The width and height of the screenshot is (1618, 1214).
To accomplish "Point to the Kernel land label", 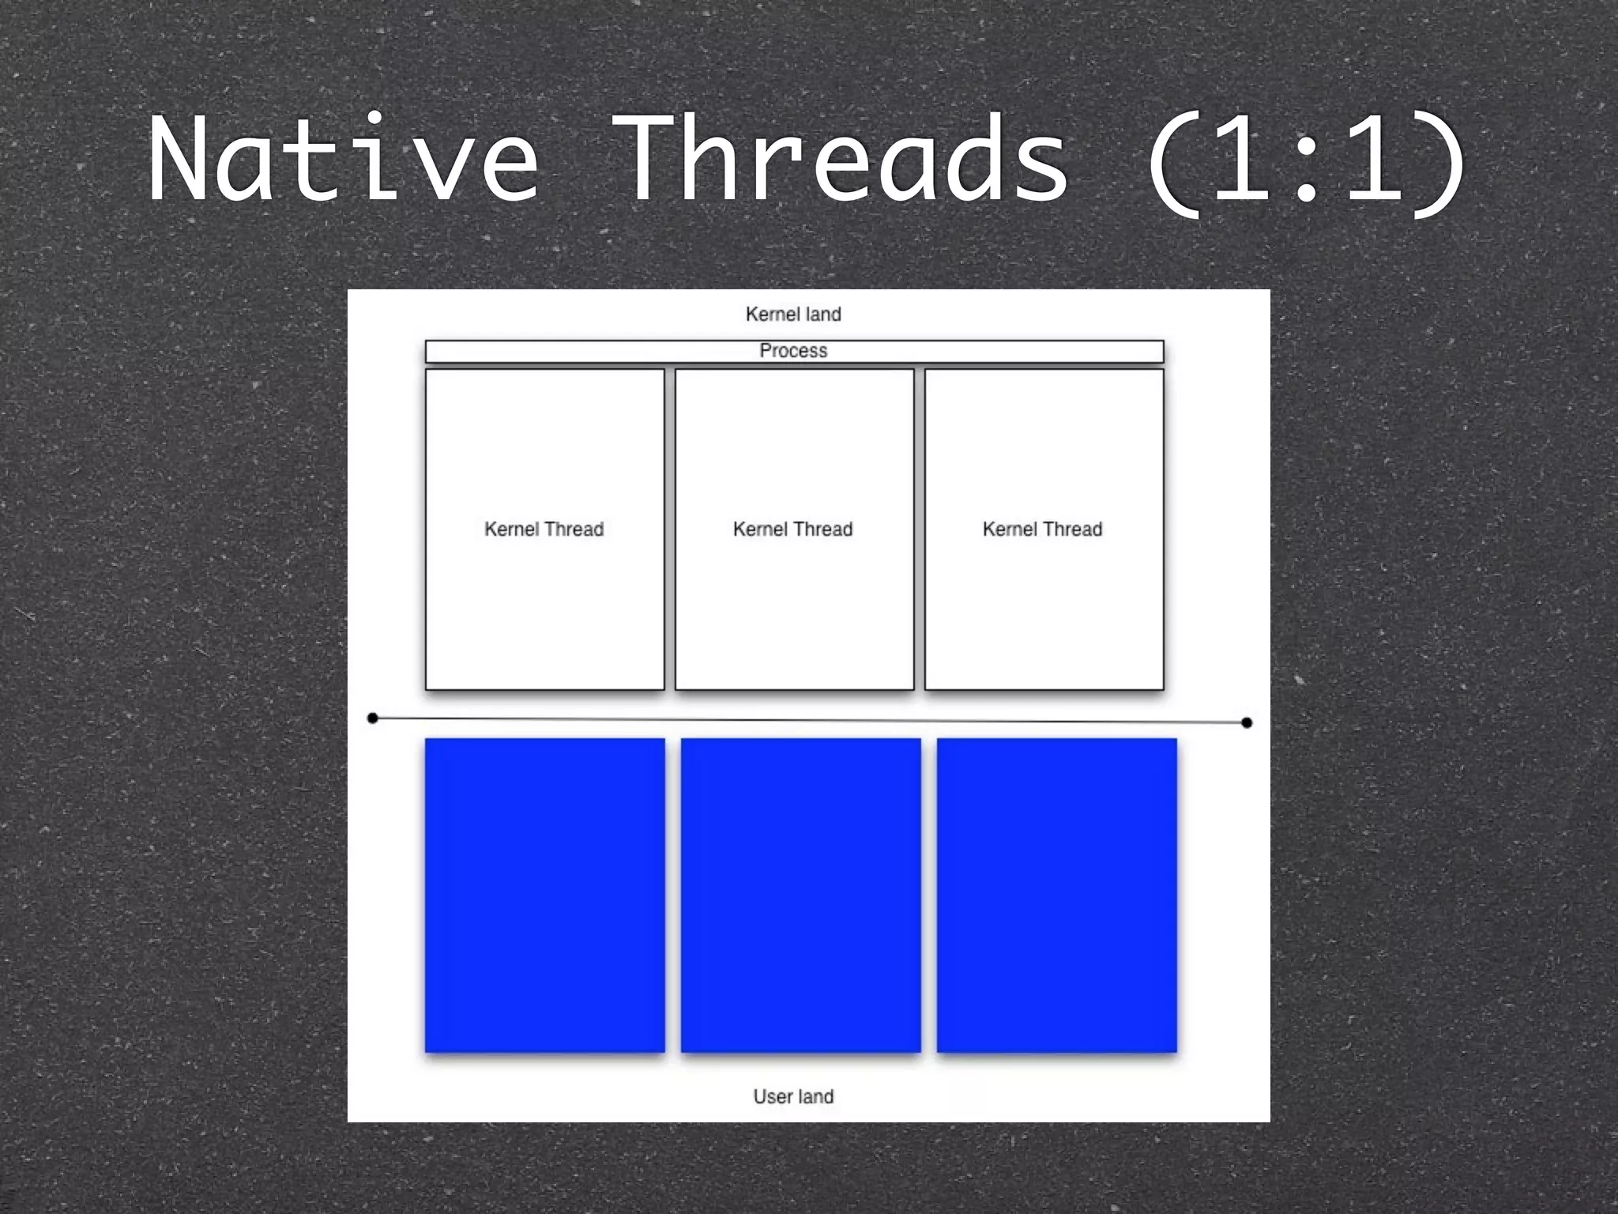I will coord(793,315).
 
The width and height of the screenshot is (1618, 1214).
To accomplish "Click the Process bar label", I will coord(793,351).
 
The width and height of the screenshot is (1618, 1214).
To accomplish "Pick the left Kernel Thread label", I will coord(544,530).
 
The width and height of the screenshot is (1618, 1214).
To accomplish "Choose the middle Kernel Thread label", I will coord(793,530).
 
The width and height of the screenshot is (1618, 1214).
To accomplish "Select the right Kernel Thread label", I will coord(1043,530).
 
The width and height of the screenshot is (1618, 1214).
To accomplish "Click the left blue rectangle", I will coord(545,895).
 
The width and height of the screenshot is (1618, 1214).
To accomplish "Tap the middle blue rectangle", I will coord(801,895).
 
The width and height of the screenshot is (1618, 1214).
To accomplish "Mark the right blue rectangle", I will coord(1057,895).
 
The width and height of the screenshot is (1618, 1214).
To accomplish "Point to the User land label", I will coord(793,1097).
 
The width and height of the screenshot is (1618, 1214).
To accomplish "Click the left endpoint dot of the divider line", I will coord(373,718).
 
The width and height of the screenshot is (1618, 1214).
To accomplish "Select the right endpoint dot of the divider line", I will coord(1247,722).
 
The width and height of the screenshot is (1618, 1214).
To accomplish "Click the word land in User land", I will coord(815,1097).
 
